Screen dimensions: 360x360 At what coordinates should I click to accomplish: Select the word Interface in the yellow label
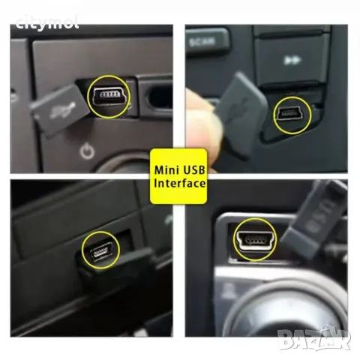point(180,182)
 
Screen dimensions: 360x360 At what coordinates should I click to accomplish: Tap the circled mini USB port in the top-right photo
point(291,115)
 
